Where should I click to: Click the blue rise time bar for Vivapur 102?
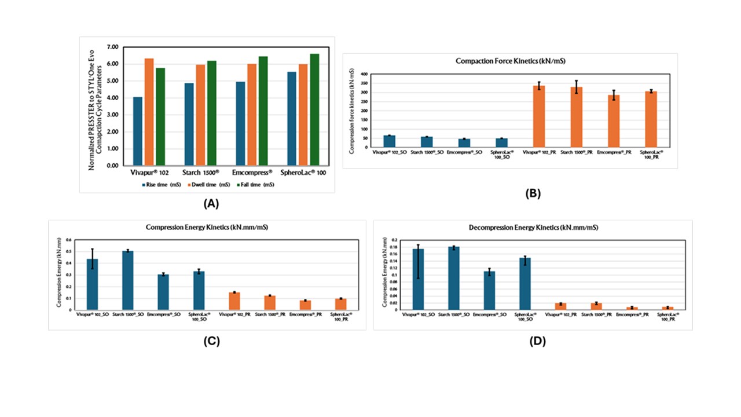pyautogui.click(x=138, y=131)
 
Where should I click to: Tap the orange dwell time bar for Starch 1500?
pyautogui.click(x=200, y=115)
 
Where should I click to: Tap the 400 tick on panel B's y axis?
pyautogui.click(x=364, y=74)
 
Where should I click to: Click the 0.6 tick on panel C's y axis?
pyautogui.click(x=68, y=240)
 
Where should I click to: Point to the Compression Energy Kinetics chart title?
pyautogui.click(x=207, y=226)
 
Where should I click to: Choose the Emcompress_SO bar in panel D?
pyautogui.click(x=489, y=290)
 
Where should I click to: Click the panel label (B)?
pyautogui.click(x=532, y=194)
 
